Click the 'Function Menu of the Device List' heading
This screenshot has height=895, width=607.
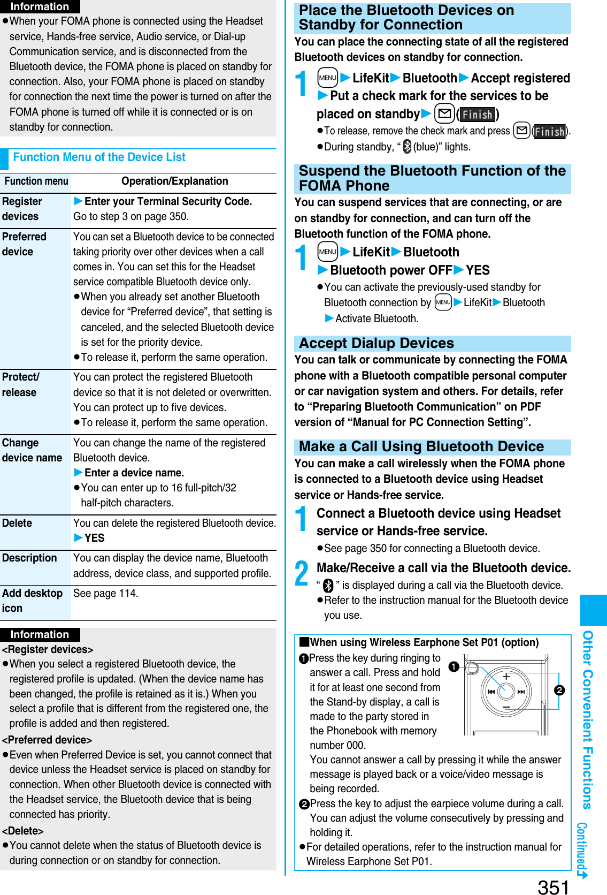pos(99,157)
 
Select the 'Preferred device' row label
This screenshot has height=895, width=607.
pos(24,244)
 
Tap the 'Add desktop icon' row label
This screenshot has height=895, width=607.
pos(32,601)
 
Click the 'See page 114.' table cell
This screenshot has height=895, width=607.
pos(106,593)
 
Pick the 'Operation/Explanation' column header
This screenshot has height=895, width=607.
pos(174,181)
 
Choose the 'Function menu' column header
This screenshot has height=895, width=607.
pos(36,181)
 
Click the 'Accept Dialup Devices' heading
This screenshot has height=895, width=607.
pos(377,344)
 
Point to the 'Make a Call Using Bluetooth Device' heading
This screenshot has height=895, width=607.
pos(421,447)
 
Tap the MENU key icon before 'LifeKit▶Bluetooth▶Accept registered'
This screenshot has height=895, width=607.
pos(327,78)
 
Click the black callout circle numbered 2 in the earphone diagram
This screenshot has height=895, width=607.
pos(559,690)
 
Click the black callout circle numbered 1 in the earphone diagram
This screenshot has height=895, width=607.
pos(454,666)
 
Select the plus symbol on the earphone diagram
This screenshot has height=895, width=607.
pos(506,677)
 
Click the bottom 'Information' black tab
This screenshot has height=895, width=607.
pos(40,634)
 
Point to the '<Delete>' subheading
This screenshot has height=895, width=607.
pos(23,831)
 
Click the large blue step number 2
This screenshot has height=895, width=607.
pos(302,573)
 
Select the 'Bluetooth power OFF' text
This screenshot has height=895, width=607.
pos(391,270)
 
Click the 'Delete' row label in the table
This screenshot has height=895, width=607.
pos(17,523)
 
